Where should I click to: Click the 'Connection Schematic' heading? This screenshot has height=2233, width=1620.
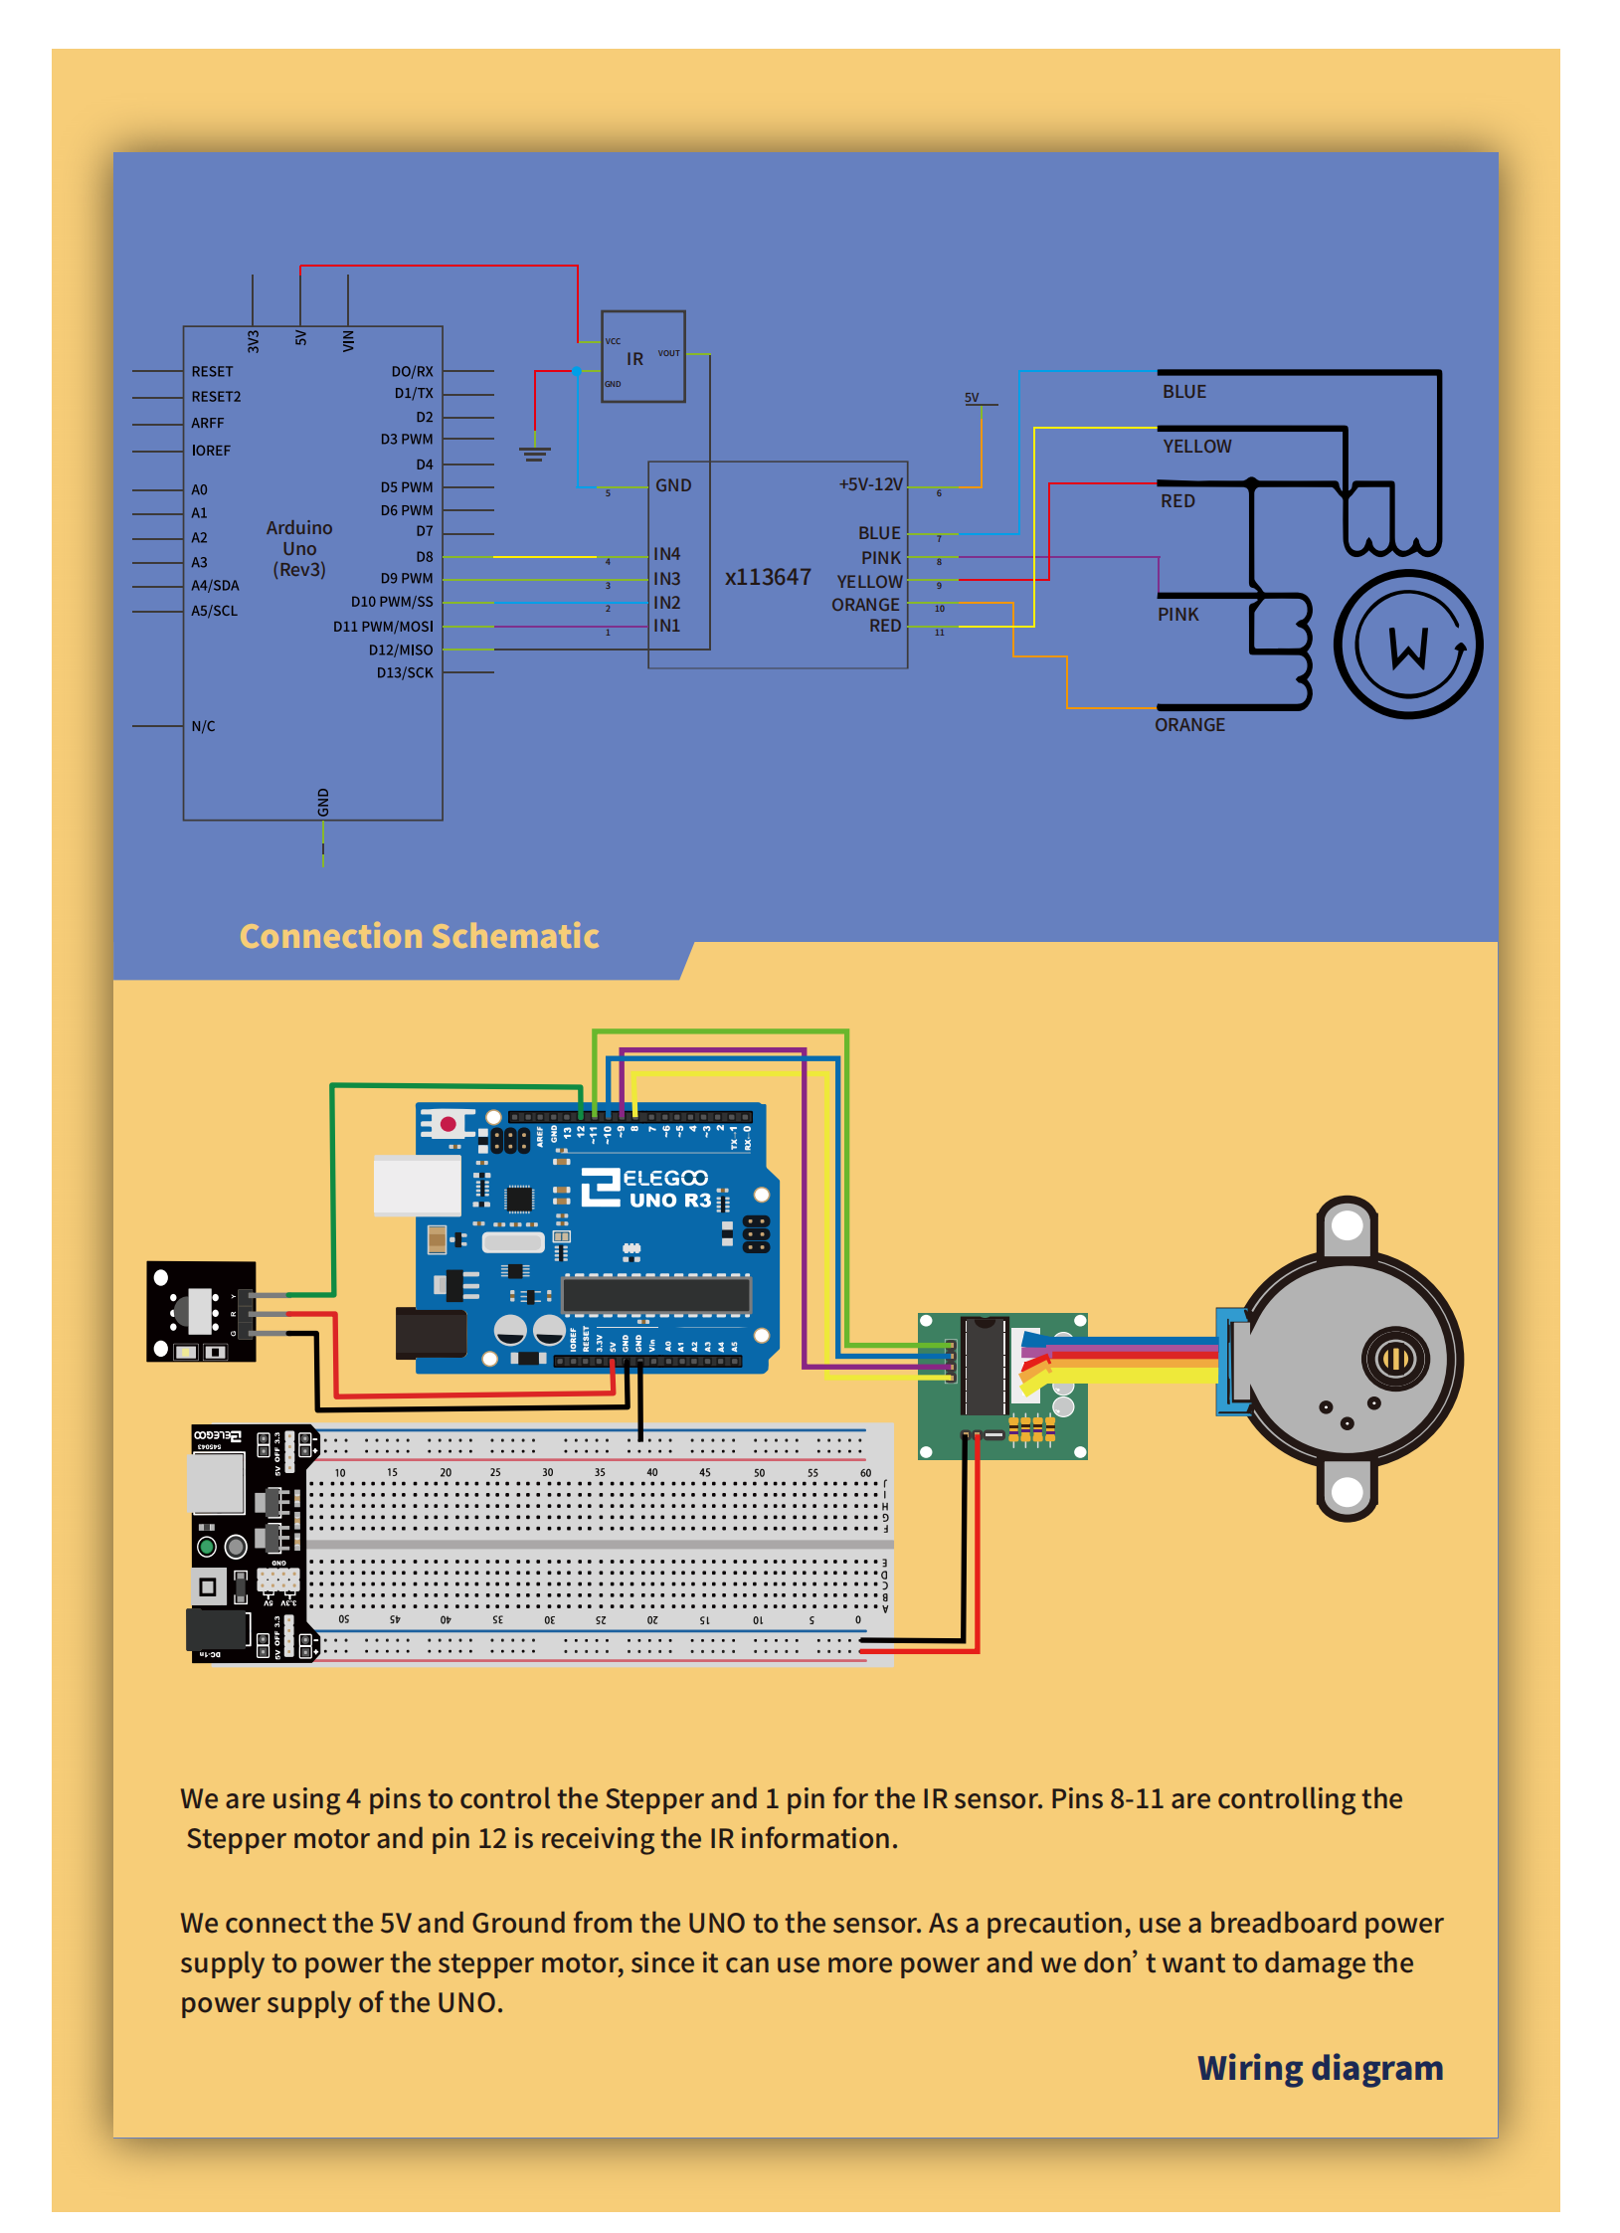coord(419,936)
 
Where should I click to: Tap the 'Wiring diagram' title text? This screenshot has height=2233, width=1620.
coord(1319,2068)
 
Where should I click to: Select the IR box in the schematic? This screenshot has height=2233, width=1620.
coord(642,357)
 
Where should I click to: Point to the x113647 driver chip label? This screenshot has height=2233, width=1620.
coord(768,577)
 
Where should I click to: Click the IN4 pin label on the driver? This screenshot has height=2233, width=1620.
coord(666,554)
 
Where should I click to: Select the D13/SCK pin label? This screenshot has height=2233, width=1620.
coord(405,673)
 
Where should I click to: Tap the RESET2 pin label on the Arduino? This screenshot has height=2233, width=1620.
coord(216,397)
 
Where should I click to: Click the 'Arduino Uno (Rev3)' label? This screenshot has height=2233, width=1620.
coord(299,548)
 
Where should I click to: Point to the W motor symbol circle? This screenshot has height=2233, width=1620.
coord(1408,645)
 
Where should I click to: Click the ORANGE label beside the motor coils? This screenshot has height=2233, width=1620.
coord(1189,725)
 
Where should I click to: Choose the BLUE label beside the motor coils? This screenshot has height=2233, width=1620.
coord(1183,392)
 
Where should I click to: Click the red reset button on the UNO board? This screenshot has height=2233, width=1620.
coord(448,1124)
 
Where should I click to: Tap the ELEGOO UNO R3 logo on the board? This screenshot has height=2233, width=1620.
coord(646,1188)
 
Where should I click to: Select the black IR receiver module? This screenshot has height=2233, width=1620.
coord(201,1311)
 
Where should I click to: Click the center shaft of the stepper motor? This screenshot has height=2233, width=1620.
coord(1396,1357)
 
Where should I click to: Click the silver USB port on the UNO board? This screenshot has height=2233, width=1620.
coord(417,1185)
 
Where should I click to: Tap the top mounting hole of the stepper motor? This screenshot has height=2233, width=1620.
coord(1347,1225)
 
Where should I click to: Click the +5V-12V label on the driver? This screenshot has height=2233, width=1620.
coord(870,484)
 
